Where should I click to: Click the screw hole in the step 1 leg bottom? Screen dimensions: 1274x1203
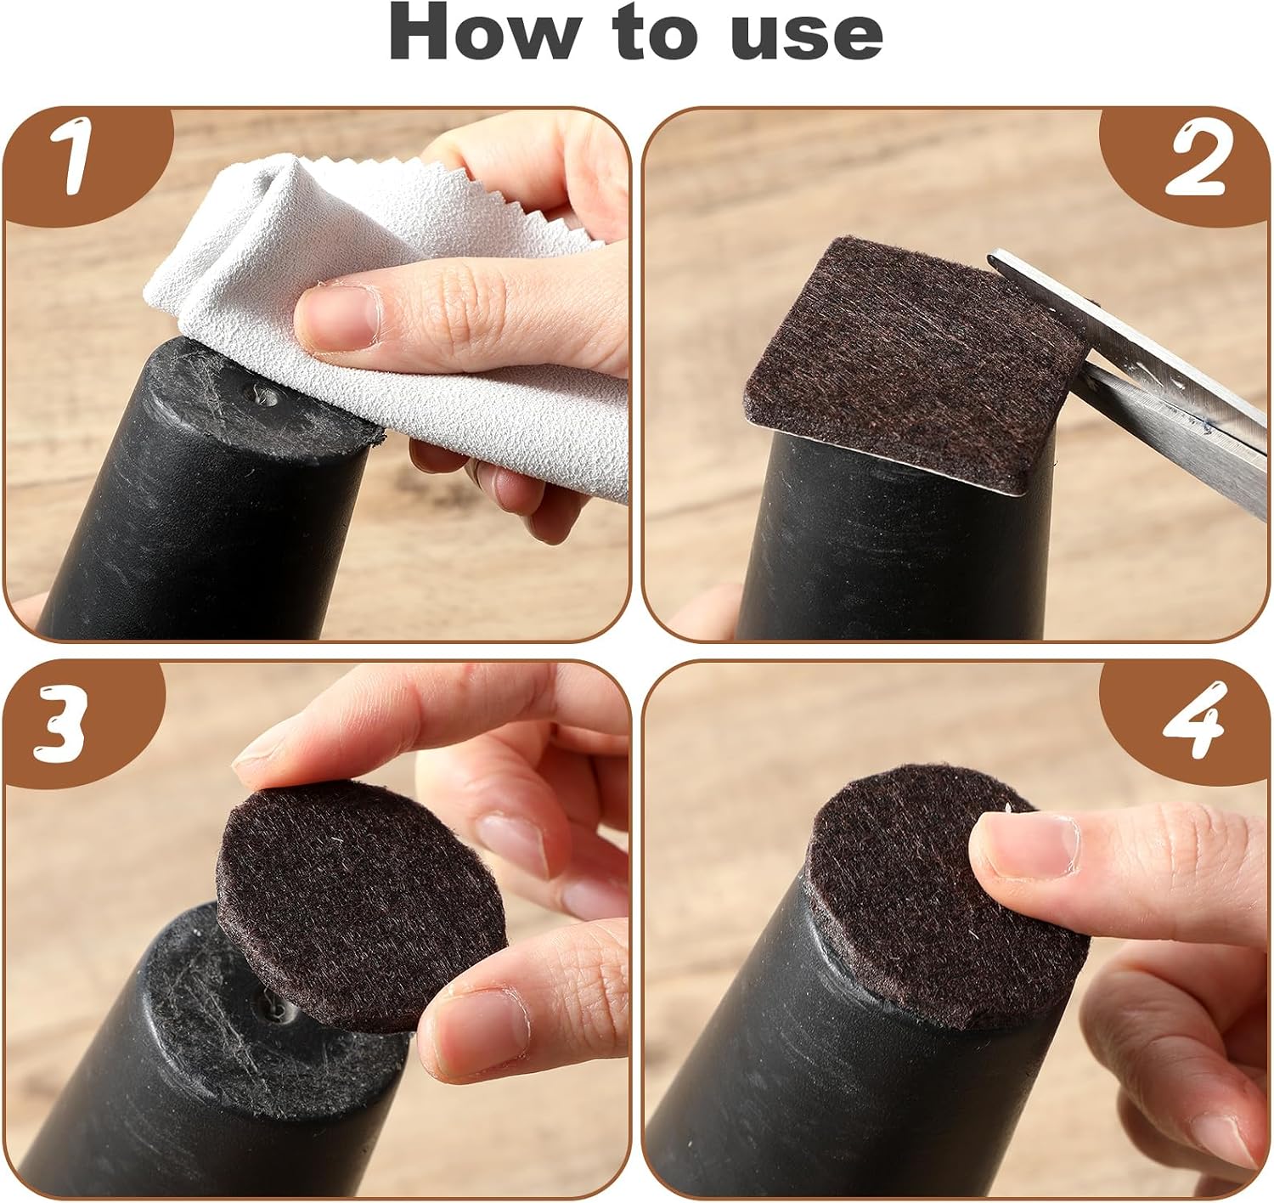click(x=265, y=398)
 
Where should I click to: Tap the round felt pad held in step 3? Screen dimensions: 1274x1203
click(x=360, y=908)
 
